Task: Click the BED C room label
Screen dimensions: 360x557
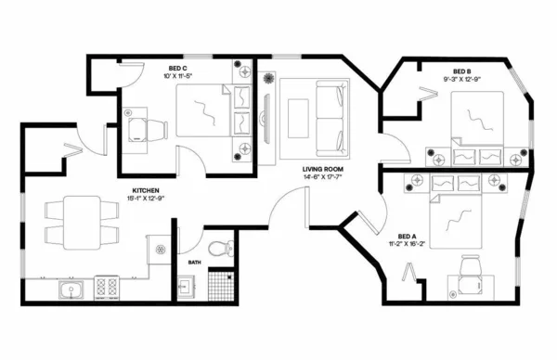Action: (x=179, y=68)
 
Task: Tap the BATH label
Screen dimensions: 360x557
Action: (x=194, y=262)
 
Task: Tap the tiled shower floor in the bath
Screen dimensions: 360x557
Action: (x=219, y=284)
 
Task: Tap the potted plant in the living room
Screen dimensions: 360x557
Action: (x=270, y=77)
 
